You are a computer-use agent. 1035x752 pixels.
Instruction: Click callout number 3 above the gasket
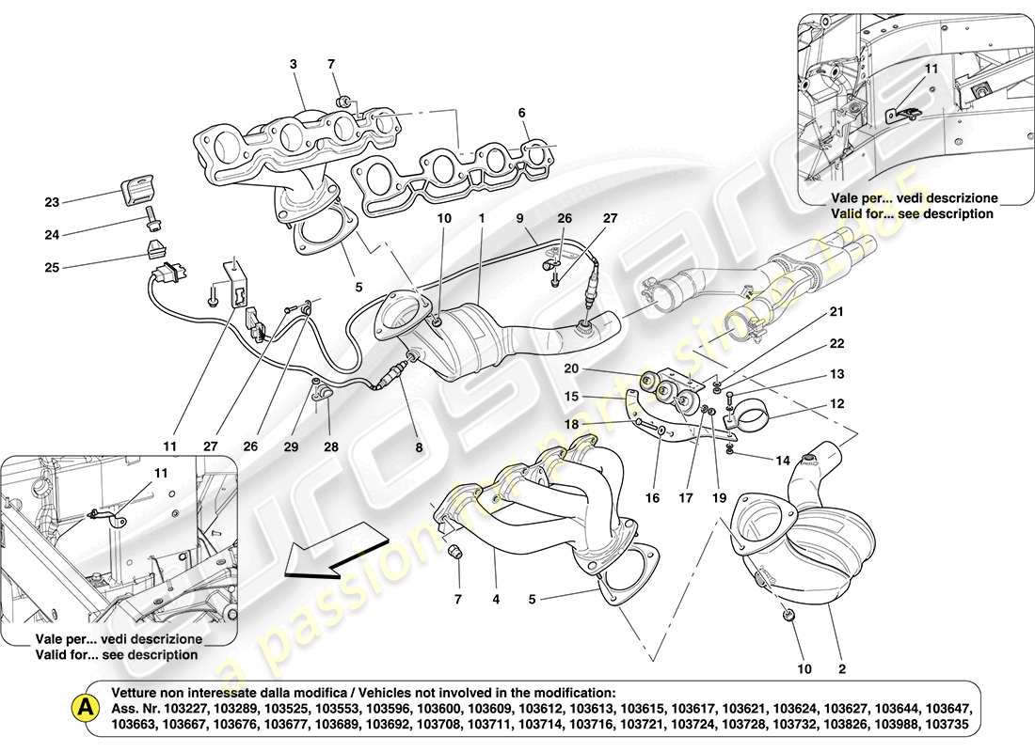click(293, 64)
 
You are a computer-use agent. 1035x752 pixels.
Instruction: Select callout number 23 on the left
click(51, 201)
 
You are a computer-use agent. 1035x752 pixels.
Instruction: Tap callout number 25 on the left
click(51, 267)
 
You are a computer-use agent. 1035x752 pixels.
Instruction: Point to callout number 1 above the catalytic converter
click(481, 218)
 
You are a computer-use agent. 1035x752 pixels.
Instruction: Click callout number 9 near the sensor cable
click(518, 218)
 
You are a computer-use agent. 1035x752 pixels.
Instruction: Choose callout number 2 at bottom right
click(842, 669)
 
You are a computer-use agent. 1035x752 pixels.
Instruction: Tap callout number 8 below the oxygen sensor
click(419, 448)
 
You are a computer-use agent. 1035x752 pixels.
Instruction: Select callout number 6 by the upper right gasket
click(520, 112)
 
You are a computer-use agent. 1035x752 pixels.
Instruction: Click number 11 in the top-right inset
click(931, 70)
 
